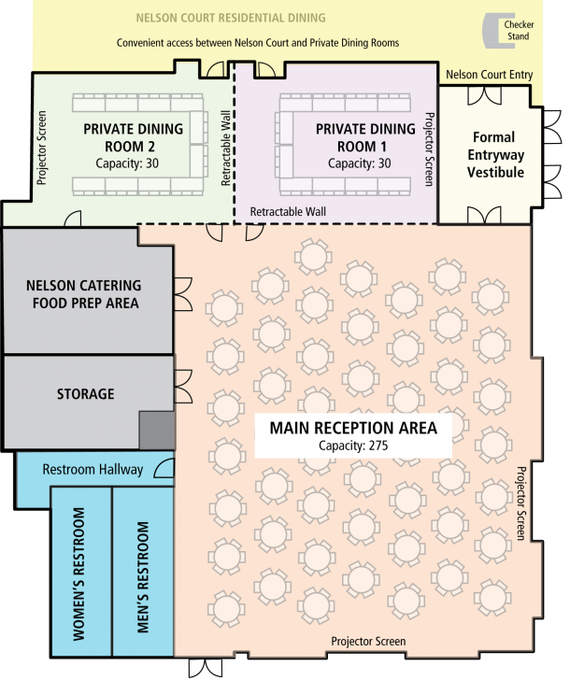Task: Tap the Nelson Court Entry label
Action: tap(488, 74)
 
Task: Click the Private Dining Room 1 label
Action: tap(365, 137)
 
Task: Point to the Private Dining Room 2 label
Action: tap(131, 137)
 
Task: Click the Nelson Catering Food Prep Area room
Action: tap(84, 293)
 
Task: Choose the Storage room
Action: tap(84, 394)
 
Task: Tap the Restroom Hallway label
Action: tap(93, 469)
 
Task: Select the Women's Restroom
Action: tap(79, 573)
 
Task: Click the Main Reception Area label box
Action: tap(353, 435)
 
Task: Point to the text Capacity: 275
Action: tap(353, 446)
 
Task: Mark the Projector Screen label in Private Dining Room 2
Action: tap(41, 149)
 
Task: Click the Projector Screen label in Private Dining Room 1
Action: tap(429, 149)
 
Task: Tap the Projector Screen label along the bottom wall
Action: tap(368, 642)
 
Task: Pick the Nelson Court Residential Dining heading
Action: tap(231, 18)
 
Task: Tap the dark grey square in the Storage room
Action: tap(156, 431)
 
